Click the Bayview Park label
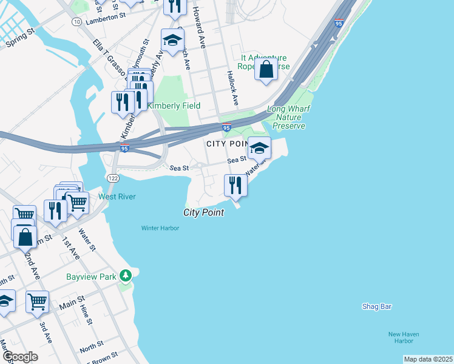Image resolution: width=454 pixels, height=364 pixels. tap(90, 277)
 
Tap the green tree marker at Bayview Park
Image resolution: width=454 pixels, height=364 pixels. tap(126, 276)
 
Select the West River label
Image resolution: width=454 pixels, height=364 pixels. tap(117, 197)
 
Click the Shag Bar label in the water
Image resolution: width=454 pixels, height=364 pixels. tap(376, 306)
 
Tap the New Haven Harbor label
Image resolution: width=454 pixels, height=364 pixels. tap(404, 338)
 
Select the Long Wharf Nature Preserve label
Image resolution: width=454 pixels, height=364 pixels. tap(286, 118)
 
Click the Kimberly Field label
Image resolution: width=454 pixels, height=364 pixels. tap(170, 105)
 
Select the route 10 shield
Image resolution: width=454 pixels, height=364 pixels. tap(76, 21)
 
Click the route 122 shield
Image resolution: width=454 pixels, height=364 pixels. tap(112, 178)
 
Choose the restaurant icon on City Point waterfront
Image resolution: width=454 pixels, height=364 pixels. tap(235, 185)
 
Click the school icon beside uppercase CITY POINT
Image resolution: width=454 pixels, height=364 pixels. tap(259, 147)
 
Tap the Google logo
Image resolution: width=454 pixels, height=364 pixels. tap(20, 357)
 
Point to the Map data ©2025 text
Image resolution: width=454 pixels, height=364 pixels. tap(428, 359)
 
